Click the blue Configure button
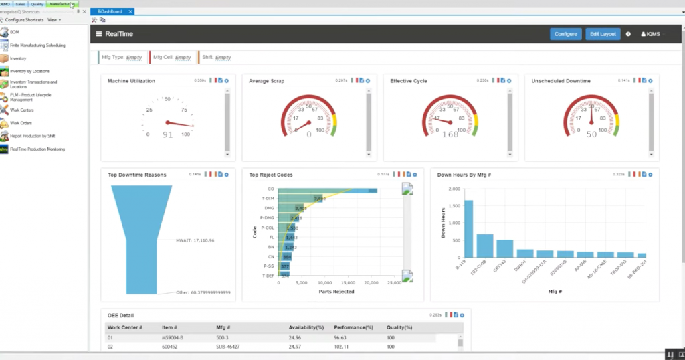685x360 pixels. pos(565,34)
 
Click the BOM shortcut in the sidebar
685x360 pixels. pos(14,32)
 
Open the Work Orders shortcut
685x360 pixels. pos(21,124)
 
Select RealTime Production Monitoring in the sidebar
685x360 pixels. pos(37,149)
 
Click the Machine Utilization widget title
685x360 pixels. pos(132,81)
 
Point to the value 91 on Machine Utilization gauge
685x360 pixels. pos(167,134)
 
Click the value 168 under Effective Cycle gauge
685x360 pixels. pos(450,134)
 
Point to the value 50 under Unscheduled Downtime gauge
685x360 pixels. pos(591,134)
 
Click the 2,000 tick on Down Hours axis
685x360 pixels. pos(453,189)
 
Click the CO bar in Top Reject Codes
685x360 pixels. pos(328,191)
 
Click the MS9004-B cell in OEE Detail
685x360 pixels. pos(174,338)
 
